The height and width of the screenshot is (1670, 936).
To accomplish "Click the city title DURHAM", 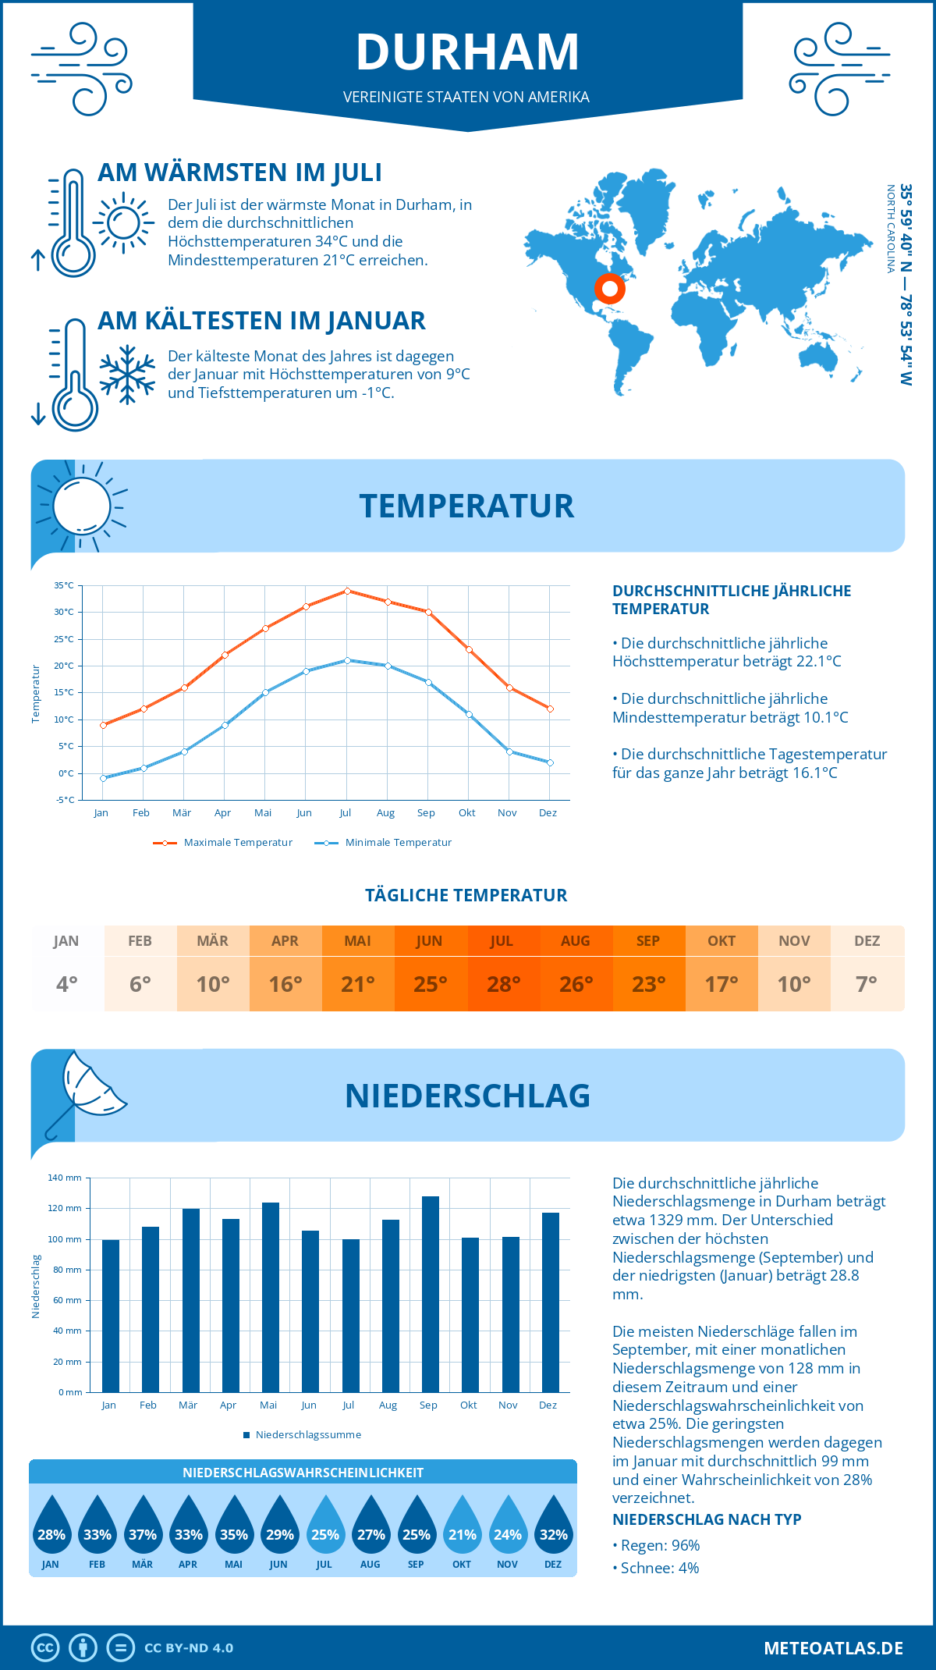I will [x=467, y=52].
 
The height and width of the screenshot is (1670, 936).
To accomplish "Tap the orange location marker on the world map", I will [x=610, y=289].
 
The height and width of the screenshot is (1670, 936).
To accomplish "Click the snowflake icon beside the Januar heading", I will [x=127, y=374].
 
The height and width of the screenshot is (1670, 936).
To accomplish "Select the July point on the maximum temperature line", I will [x=347, y=591].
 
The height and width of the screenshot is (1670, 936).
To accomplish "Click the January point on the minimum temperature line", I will [x=103, y=778].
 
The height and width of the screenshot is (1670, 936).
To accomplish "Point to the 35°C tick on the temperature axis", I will [x=64, y=585].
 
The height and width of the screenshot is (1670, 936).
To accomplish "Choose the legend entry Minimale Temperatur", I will [x=398, y=843].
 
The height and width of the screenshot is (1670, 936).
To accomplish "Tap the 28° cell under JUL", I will [x=503, y=984].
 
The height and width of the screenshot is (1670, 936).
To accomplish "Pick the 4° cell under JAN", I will [x=67, y=984].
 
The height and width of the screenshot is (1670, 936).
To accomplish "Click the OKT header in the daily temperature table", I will [x=721, y=941].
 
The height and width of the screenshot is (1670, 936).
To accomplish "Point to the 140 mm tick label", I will [x=65, y=1178].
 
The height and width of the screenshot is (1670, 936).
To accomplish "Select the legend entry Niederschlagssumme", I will [x=307, y=1435].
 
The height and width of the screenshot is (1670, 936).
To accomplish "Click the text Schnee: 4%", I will [x=659, y=1568].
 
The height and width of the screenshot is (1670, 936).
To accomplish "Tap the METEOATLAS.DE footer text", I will [x=833, y=1648].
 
